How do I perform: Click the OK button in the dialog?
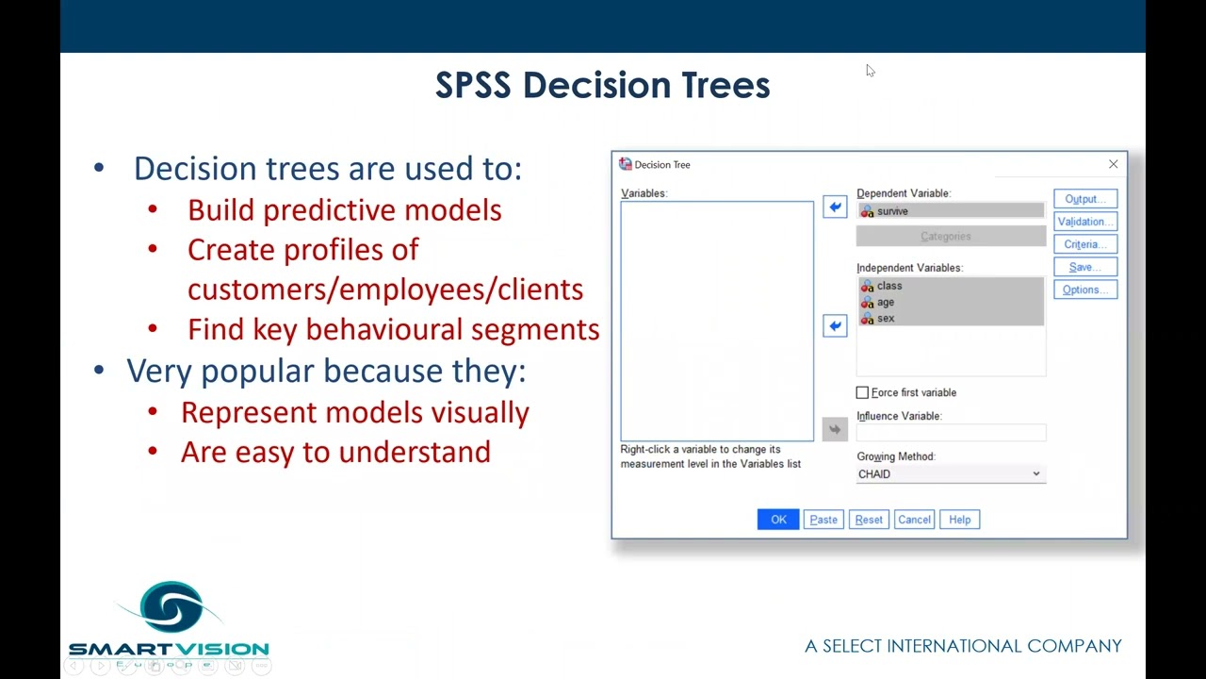click(x=778, y=520)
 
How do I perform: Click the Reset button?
click(x=869, y=520)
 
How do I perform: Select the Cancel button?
click(x=914, y=520)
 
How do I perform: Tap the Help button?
click(x=959, y=520)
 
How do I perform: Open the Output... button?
click(x=1085, y=199)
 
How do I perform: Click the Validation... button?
click(x=1085, y=222)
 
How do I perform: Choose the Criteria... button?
click(x=1085, y=244)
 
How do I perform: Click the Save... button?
click(x=1085, y=267)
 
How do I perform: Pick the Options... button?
click(x=1085, y=290)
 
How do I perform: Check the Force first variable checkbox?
click(x=862, y=392)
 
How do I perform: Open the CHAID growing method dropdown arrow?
click(x=1035, y=474)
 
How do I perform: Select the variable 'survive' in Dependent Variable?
click(x=892, y=211)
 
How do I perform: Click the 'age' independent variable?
click(x=886, y=302)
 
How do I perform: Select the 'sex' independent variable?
click(x=886, y=319)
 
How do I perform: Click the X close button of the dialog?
click(x=1113, y=164)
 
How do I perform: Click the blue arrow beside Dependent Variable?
click(x=835, y=207)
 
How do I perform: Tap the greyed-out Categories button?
click(x=951, y=237)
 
